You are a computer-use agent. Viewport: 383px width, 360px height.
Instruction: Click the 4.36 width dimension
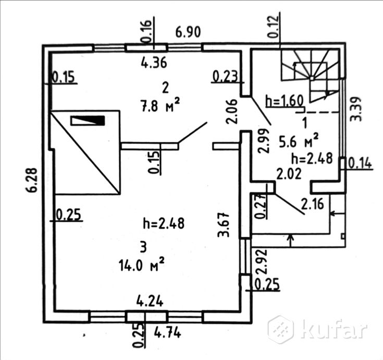pyautogui.click(x=154, y=63)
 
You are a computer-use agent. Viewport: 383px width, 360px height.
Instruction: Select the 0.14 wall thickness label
pyautogui.click(x=359, y=163)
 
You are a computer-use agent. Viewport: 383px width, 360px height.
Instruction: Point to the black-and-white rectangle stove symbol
pyautogui.click(x=88, y=121)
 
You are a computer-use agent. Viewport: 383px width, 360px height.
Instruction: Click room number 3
pyautogui.click(x=143, y=245)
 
